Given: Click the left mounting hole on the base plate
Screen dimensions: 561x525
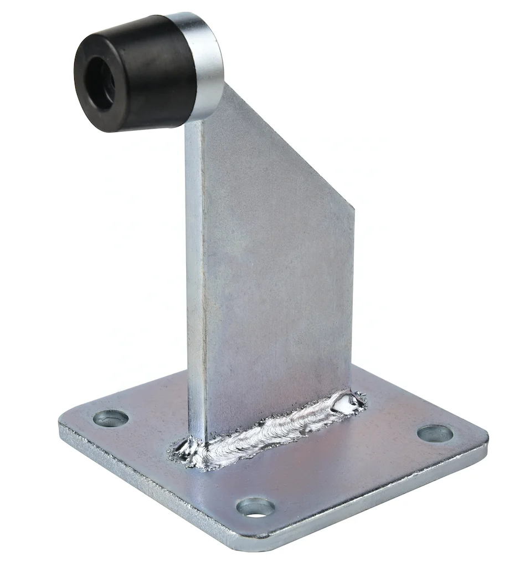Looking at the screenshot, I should [111, 417].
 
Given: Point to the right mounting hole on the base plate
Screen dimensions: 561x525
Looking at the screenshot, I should [435, 433].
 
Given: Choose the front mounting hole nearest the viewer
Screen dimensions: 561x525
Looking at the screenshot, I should [255, 506].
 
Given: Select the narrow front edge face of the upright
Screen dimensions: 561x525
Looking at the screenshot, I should [195, 277].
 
